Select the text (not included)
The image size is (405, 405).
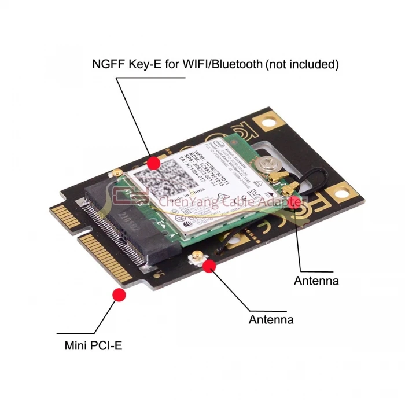coord(302,64)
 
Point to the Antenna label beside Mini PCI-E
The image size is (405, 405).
coord(271,319)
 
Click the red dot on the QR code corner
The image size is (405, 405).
coord(153,163)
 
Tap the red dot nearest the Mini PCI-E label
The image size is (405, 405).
coord(119,295)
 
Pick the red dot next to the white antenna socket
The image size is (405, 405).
coord(209,266)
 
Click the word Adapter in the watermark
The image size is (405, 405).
coord(279,202)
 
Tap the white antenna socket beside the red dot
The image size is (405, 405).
coord(198,258)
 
